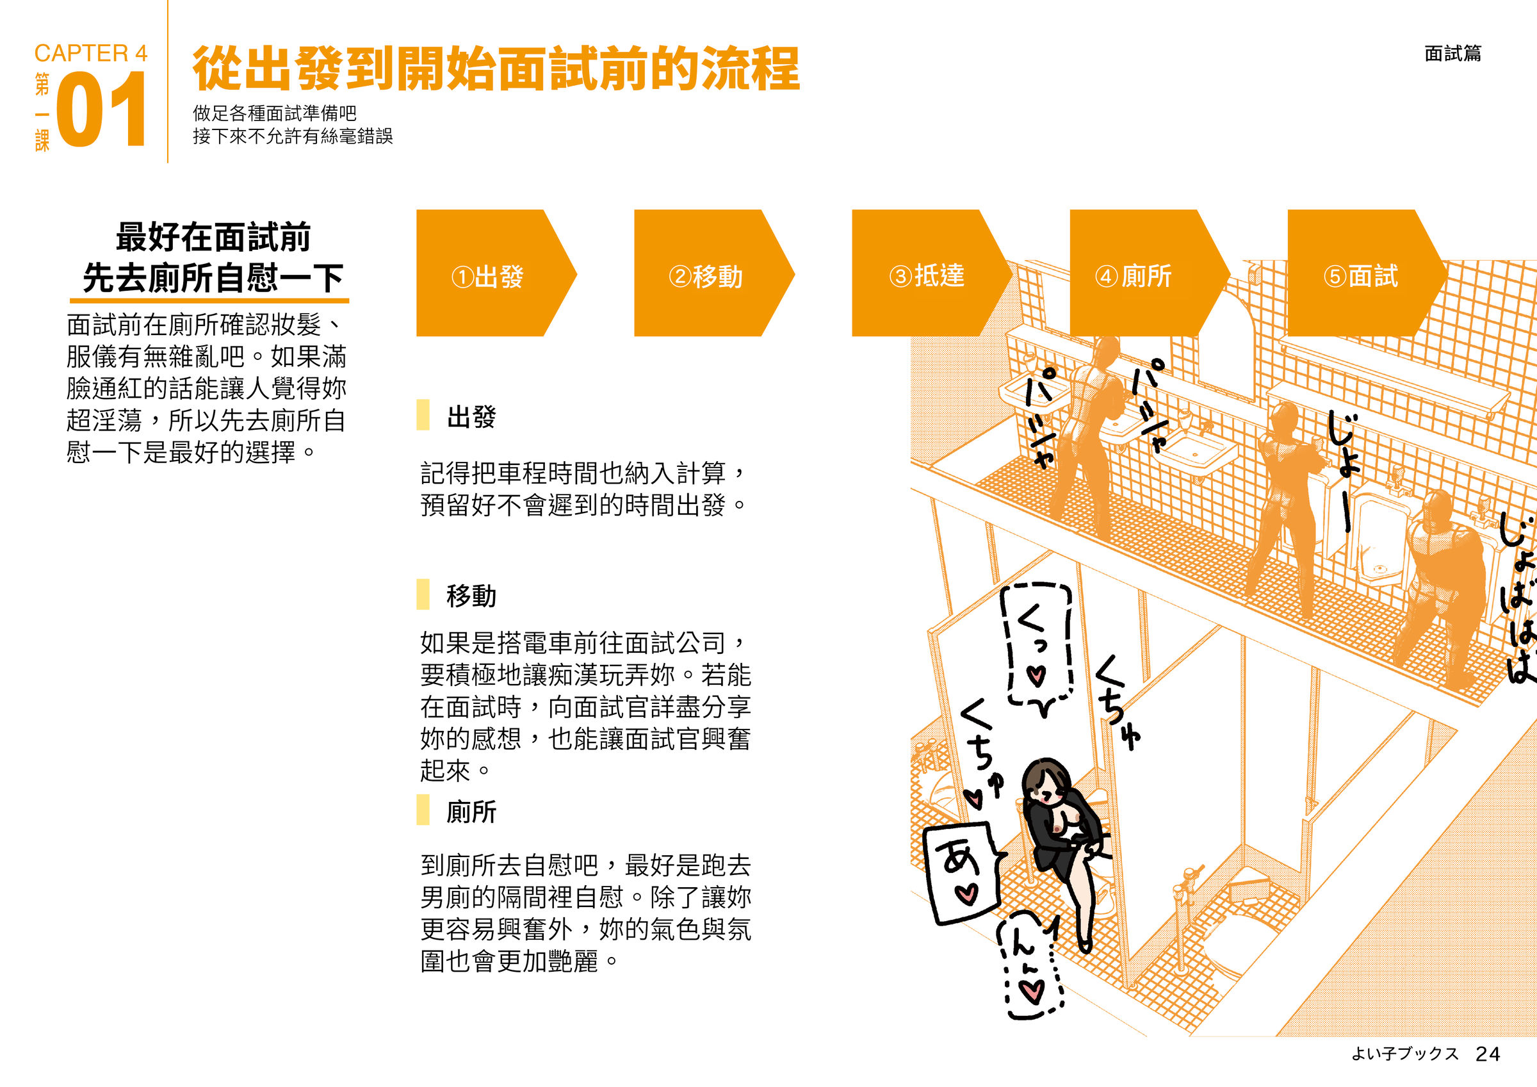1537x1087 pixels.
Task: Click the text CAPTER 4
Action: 91,53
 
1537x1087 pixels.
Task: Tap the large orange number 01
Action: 101,109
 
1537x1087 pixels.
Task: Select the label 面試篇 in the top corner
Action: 1452,53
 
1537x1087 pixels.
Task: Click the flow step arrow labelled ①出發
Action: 496,273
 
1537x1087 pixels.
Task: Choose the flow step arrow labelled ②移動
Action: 713,273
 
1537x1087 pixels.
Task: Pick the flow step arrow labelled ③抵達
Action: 931,273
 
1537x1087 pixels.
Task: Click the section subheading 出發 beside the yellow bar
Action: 471,416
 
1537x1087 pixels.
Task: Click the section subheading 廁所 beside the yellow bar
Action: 471,811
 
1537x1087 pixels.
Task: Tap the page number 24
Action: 1488,1054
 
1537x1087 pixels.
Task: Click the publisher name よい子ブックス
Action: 1404,1054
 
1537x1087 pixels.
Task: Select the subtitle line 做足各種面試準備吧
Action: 275,113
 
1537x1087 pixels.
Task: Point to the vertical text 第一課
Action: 42,112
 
